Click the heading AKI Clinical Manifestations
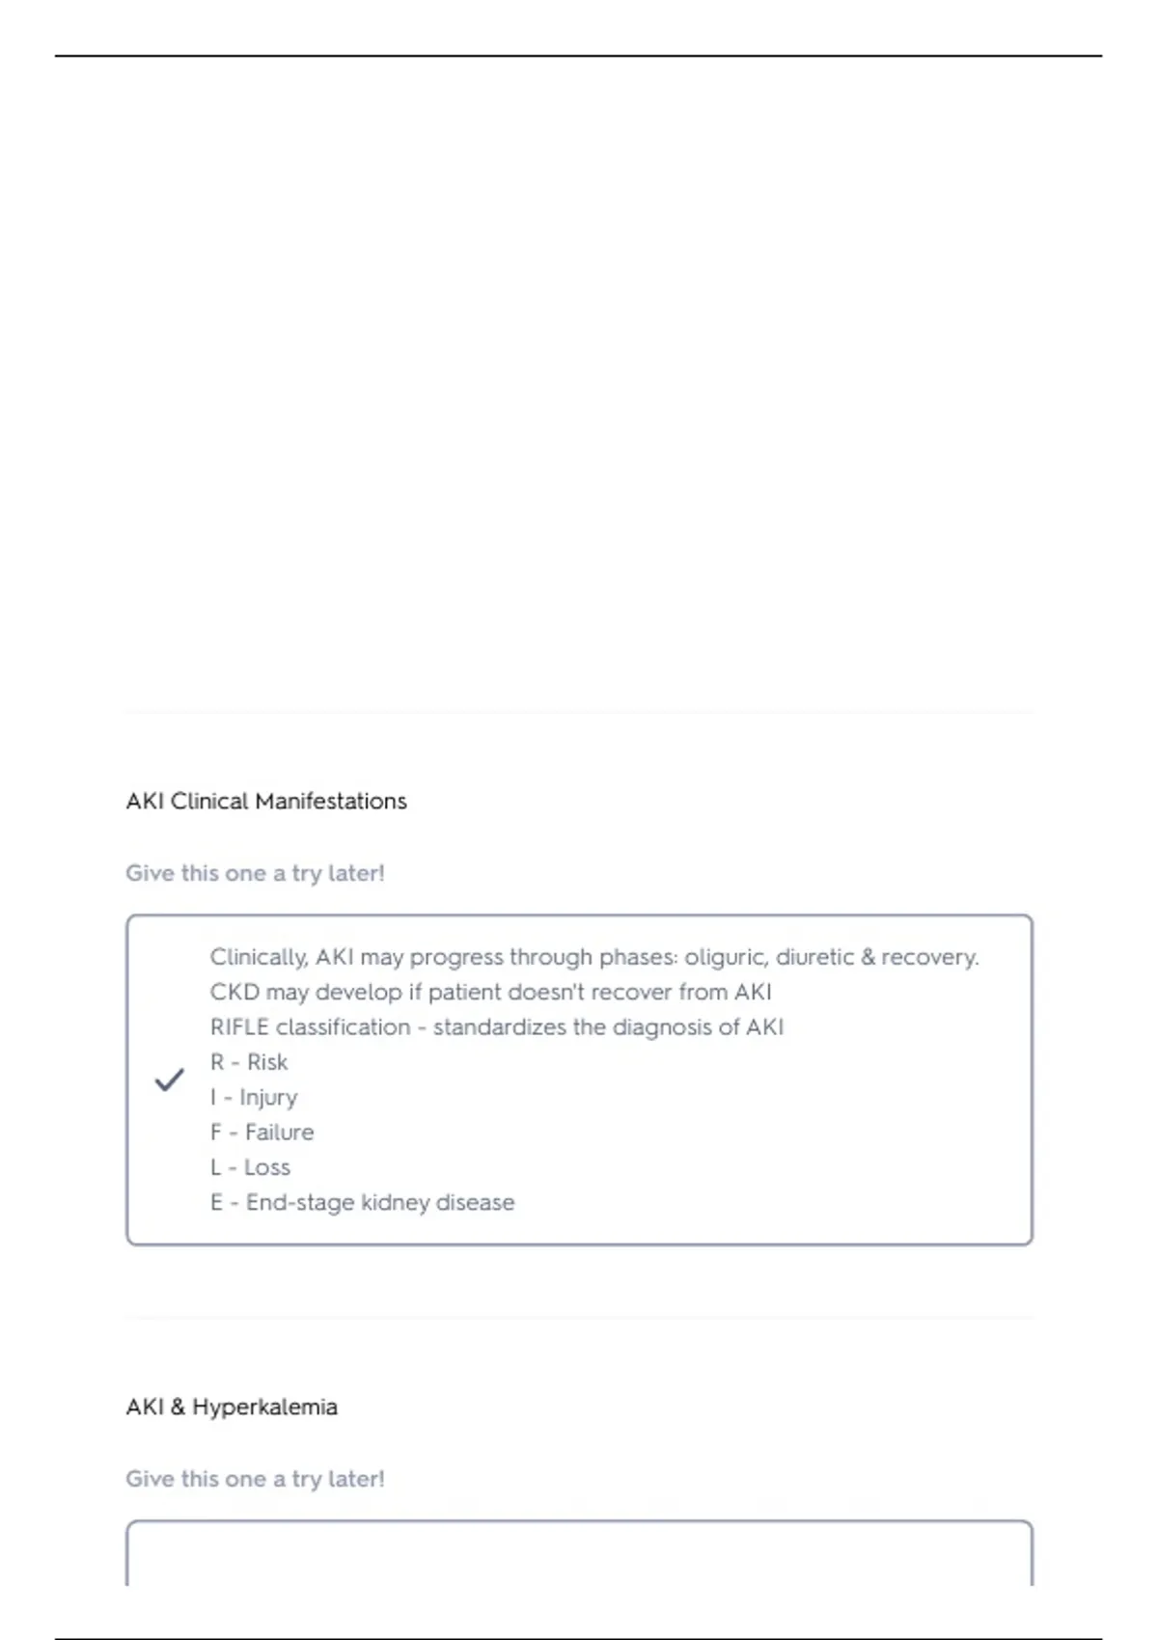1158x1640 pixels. (266, 801)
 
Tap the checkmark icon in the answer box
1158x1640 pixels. (170, 1080)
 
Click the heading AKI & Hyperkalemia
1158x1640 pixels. (232, 1407)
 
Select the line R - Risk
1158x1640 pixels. (249, 1062)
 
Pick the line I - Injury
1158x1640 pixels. (254, 1097)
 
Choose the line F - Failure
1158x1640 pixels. (262, 1132)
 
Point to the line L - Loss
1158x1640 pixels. (250, 1167)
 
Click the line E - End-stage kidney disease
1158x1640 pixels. (363, 1202)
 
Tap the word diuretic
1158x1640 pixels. (814, 957)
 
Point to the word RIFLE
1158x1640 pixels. (239, 1027)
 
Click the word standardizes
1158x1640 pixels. (499, 1027)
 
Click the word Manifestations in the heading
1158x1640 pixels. (331, 801)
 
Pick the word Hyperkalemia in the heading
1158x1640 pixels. (264, 1407)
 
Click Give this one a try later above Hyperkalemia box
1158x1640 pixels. (255, 1479)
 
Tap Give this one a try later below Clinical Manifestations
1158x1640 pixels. (255, 873)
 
